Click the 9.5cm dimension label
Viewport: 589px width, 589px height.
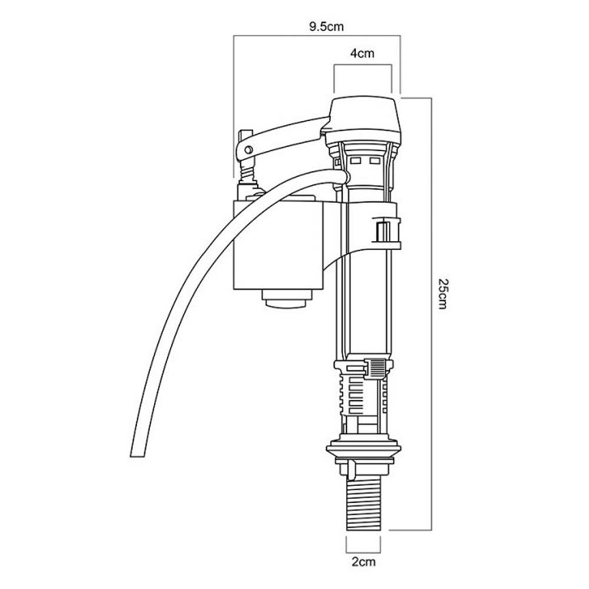326,27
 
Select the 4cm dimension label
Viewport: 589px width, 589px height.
362,54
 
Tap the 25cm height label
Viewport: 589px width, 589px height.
443,293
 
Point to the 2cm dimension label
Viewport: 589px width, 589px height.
363,562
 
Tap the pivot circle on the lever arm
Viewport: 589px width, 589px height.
249,150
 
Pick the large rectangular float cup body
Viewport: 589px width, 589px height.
278,245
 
